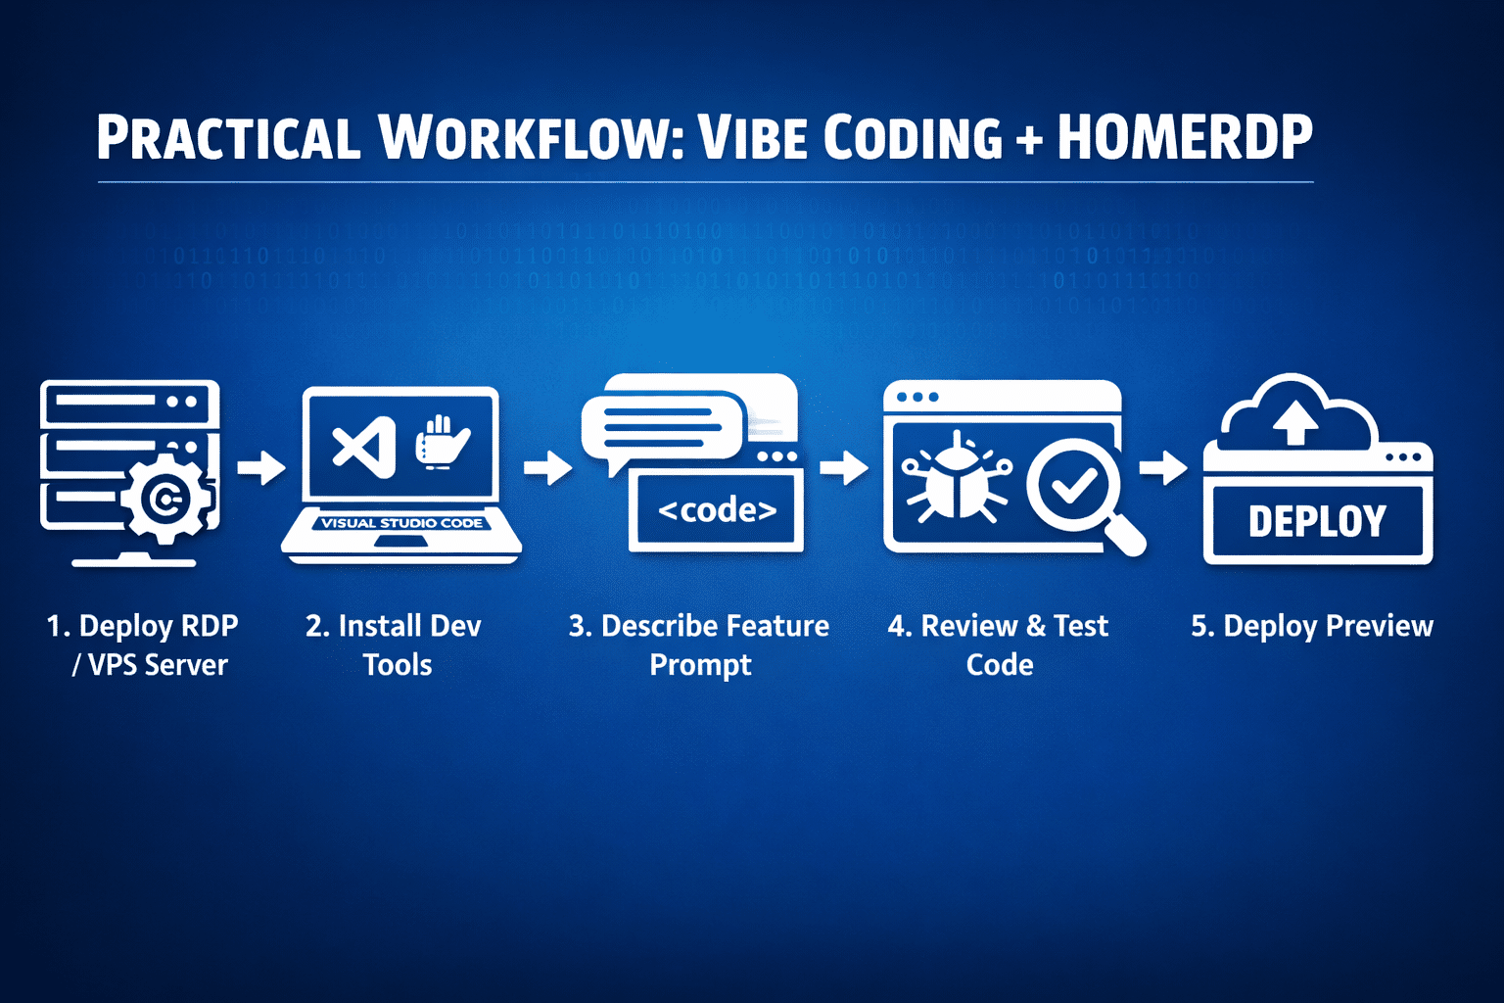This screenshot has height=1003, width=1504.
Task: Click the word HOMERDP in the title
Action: pos(1184,137)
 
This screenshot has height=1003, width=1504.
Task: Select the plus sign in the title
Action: pos(1029,139)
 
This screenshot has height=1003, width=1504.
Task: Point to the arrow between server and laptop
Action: pos(261,467)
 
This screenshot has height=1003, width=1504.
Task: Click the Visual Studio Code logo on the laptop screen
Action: pos(364,448)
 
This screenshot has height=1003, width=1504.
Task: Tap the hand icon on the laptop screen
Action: pos(442,443)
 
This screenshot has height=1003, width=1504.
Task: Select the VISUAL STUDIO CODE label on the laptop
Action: pos(402,523)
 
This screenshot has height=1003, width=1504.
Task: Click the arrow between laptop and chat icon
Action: pos(548,467)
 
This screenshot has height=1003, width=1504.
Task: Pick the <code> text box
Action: pos(717,510)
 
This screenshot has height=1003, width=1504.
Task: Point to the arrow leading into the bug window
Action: pos(844,467)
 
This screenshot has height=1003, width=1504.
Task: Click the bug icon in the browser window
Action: pos(956,478)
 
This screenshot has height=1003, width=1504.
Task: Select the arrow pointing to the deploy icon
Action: pos(1163,467)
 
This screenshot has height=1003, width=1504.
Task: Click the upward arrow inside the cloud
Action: pos(1294,422)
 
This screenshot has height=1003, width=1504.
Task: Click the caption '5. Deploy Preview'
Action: pos(1311,626)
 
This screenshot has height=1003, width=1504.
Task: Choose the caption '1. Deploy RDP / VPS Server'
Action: pos(144,645)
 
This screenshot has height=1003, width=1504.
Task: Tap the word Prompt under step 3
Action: pos(700,665)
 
